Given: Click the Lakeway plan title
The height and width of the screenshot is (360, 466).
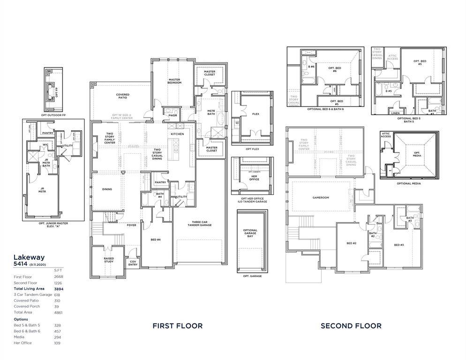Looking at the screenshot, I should [x=29, y=257].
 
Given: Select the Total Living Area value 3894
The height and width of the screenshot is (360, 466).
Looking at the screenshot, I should [x=58, y=289].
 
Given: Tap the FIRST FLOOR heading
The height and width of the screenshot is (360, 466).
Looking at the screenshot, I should [x=178, y=326].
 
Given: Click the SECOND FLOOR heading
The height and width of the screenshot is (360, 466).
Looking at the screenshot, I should [x=351, y=326].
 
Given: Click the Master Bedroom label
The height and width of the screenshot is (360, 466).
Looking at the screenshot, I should [x=174, y=81].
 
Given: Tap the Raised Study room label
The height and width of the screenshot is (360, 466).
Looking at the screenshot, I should [x=109, y=260].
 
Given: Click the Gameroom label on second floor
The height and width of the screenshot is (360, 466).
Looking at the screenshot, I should [x=321, y=197].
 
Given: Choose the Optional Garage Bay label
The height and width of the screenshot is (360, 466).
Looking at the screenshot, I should [x=250, y=233].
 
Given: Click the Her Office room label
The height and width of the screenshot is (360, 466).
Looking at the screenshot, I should [x=254, y=178].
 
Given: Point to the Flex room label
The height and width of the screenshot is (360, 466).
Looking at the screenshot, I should [x=256, y=114].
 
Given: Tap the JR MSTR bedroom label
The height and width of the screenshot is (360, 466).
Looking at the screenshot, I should [x=42, y=191].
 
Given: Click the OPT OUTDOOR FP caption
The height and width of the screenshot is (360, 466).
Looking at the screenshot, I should [x=53, y=115].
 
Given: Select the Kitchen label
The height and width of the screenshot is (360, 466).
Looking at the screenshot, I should [x=177, y=134].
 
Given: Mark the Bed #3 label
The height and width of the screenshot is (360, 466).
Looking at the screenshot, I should [x=399, y=245].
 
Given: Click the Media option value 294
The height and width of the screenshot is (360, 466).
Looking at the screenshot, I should [x=58, y=337].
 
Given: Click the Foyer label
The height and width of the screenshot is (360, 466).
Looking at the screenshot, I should [x=132, y=225].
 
